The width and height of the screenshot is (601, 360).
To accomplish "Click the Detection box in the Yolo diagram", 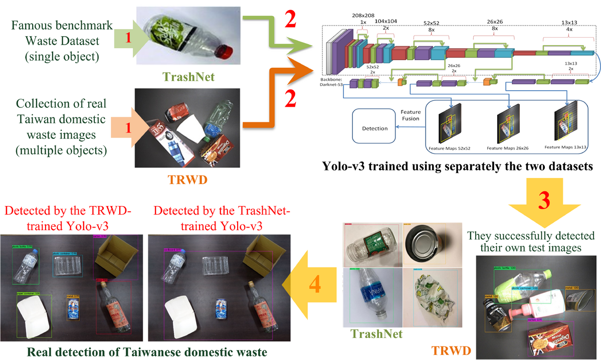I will (x=375, y=128).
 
